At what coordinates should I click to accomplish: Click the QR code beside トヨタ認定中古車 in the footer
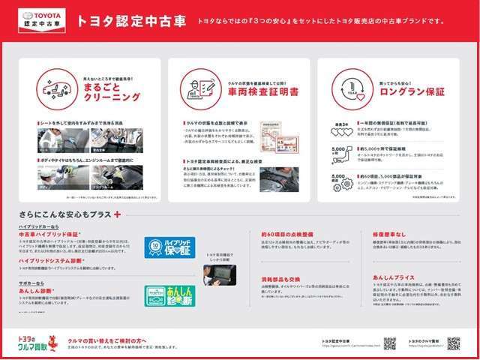coord(390,343)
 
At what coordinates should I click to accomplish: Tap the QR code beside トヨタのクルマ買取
coord(453,343)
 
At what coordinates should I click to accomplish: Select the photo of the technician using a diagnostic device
coord(219,275)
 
